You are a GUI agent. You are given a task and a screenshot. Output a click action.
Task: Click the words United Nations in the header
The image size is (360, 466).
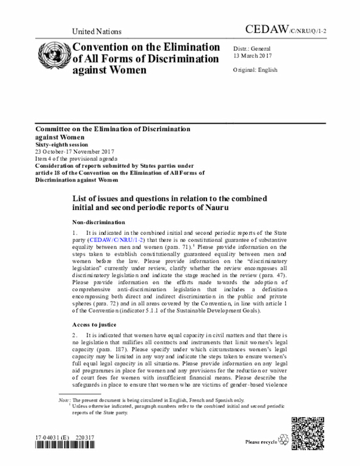[97, 32]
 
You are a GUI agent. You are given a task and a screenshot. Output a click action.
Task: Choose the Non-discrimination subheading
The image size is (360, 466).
[98, 222]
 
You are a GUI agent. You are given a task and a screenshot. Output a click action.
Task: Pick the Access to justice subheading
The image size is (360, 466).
[94, 325]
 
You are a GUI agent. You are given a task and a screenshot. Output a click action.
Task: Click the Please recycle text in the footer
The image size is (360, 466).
[261, 442]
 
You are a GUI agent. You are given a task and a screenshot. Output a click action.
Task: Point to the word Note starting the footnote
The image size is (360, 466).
[64, 400]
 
